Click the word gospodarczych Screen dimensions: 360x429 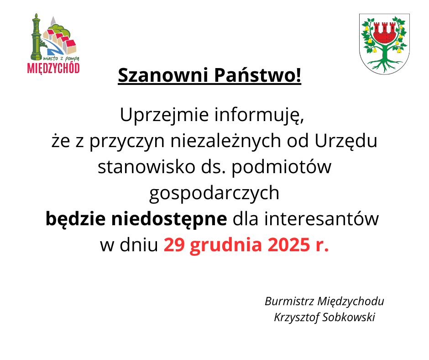214,194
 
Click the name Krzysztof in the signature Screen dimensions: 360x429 296,318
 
